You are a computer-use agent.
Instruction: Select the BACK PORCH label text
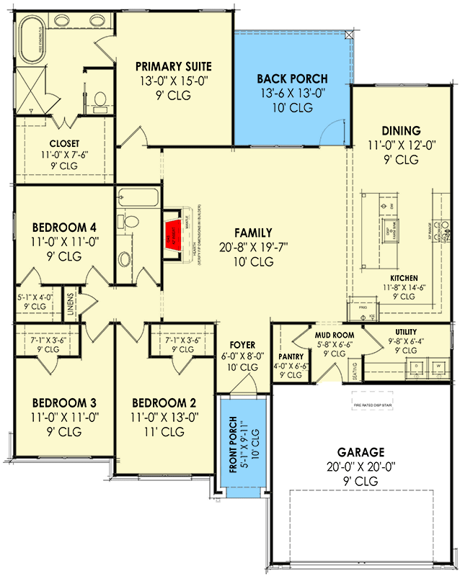[x=293, y=78]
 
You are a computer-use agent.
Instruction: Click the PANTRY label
[x=291, y=355]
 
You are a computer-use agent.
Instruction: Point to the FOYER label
[x=242, y=344]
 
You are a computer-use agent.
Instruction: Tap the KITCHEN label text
[x=405, y=278]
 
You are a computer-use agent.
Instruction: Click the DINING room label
[x=402, y=130]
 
